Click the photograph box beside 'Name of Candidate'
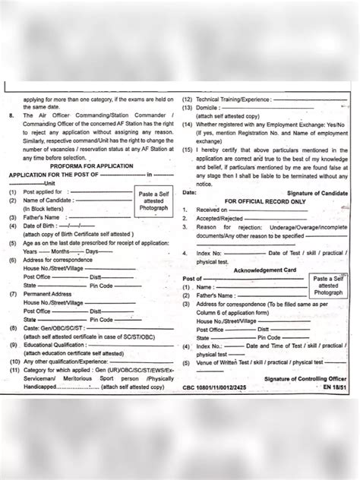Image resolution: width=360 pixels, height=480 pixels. pos(154,201)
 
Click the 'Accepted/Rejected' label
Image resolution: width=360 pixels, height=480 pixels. pos(222,218)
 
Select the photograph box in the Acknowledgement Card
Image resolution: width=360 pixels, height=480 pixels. pos(329,286)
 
